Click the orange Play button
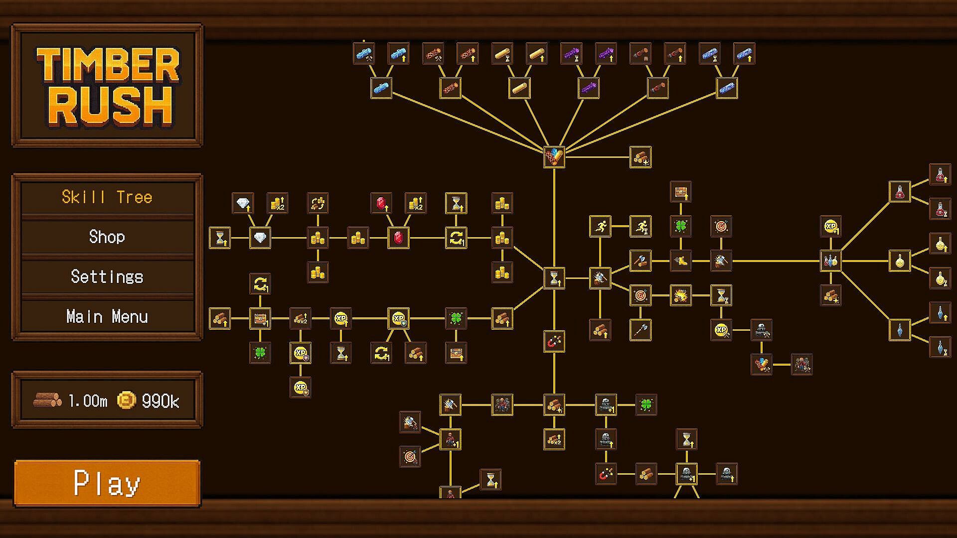(x=107, y=482)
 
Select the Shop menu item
(x=107, y=237)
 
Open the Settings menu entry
(x=107, y=276)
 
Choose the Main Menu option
(x=107, y=316)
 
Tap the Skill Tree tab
(x=107, y=197)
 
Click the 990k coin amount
(x=160, y=401)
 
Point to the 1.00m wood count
(x=88, y=401)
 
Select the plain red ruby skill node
(x=398, y=238)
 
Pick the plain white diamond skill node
(x=260, y=238)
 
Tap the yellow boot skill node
(x=680, y=261)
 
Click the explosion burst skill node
(x=680, y=295)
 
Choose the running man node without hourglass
(x=600, y=226)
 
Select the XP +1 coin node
(x=830, y=226)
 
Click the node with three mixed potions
(x=830, y=261)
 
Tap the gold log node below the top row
(x=519, y=88)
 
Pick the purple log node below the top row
(x=589, y=88)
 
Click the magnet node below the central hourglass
(x=554, y=342)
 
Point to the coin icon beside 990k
(x=126, y=400)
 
